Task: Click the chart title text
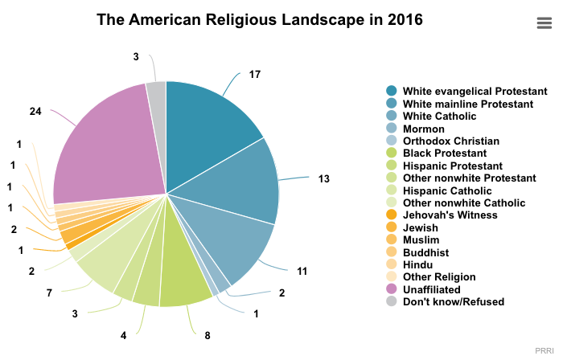click(259, 19)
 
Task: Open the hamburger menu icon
click(544, 23)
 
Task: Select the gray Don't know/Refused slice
click(157, 92)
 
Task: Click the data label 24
click(35, 111)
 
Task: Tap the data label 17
click(255, 75)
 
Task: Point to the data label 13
click(324, 178)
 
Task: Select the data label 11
click(302, 272)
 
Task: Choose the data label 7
click(49, 292)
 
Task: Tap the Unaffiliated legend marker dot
click(392, 289)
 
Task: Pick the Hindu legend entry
click(417, 264)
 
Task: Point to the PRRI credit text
click(544, 350)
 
